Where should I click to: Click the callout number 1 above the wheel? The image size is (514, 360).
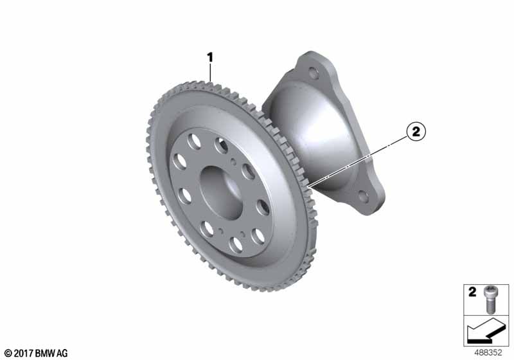[x=209, y=57]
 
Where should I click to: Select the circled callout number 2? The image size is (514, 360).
[x=415, y=132]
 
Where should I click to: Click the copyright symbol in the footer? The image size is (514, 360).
[x=8, y=353]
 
